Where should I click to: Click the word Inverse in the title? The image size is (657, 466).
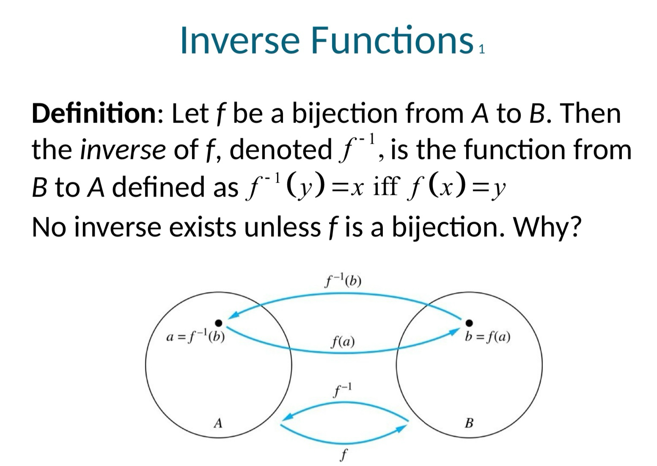click(240, 40)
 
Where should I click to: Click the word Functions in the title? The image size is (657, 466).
click(392, 40)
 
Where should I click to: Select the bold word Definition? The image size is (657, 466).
click(94, 113)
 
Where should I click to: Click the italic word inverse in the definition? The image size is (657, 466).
click(123, 150)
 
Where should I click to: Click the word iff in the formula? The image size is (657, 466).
click(386, 186)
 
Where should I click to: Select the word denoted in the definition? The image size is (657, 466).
click(280, 149)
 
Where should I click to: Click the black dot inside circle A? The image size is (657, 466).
click(219, 323)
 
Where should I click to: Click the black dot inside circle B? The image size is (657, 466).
click(469, 323)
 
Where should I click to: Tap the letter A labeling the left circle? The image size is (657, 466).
click(218, 423)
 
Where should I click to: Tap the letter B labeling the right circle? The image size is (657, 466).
click(469, 423)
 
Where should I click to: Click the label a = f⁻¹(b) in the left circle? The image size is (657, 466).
click(195, 337)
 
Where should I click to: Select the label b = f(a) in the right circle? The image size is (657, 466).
click(487, 337)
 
